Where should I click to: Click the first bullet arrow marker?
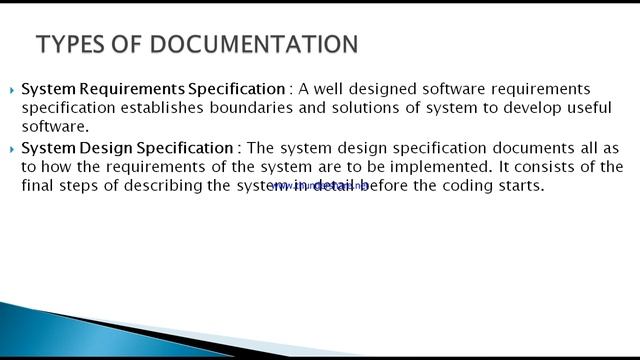[12, 90]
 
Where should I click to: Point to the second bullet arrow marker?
[12, 149]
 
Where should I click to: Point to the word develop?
[501, 108]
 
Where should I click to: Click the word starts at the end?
[518, 185]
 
